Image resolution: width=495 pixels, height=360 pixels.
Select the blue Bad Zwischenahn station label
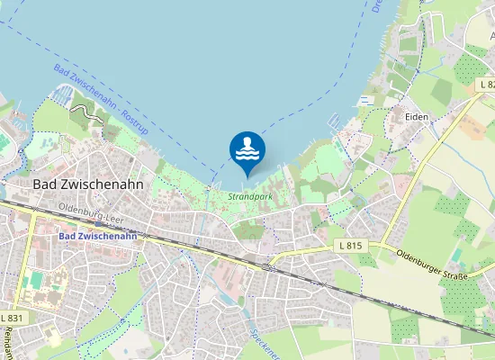click(96, 236)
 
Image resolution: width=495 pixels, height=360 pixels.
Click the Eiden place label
click(417, 117)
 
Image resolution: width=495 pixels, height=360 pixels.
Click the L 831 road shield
click(13, 319)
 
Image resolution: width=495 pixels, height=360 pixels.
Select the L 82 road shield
click(486, 84)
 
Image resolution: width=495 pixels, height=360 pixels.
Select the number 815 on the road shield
click(356, 246)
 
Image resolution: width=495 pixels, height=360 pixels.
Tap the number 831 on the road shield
click(16, 319)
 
